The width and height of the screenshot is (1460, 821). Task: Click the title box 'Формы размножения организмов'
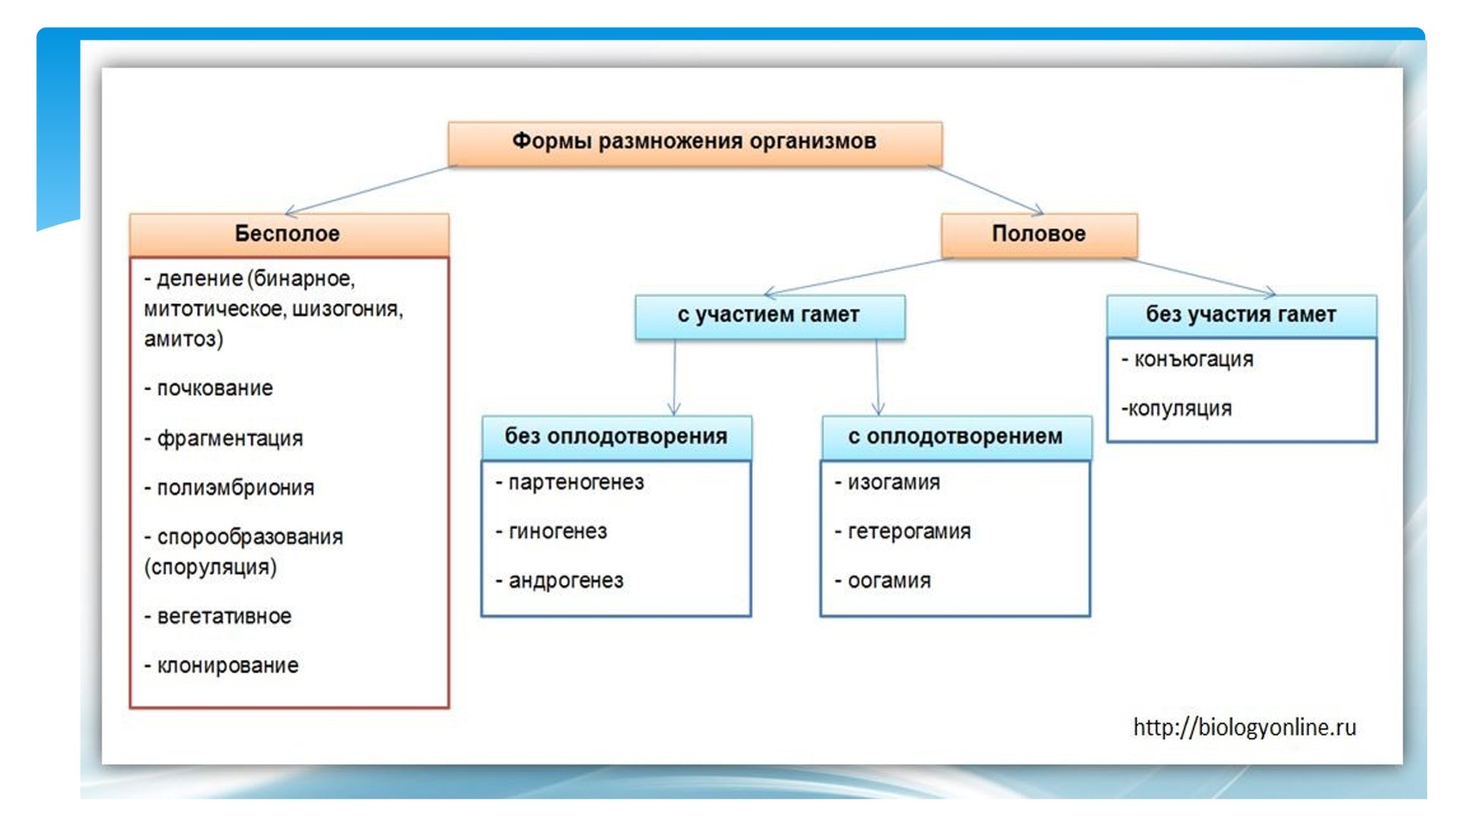(x=695, y=143)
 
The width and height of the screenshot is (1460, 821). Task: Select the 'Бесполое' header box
(x=289, y=234)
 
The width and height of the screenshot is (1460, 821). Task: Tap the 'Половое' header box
(x=1039, y=235)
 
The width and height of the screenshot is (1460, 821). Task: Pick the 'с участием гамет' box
(x=770, y=316)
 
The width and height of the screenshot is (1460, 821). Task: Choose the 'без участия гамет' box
(x=1241, y=315)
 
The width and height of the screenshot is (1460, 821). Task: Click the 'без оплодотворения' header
(x=616, y=437)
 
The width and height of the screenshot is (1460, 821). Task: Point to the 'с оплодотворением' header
(x=956, y=437)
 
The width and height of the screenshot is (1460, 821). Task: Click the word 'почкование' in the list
(x=214, y=388)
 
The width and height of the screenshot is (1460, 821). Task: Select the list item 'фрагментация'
(x=230, y=439)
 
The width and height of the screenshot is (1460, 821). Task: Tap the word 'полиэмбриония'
(x=235, y=488)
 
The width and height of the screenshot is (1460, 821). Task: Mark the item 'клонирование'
(x=227, y=666)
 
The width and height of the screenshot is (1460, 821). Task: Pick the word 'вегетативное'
(x=224, y=617)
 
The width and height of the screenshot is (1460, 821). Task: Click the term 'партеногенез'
(x=576, y=483)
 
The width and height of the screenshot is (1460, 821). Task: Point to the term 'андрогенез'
(x=566, y=582)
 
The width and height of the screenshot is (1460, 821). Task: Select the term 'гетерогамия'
(x=909, y=532)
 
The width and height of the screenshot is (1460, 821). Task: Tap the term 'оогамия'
(x=889, y=582)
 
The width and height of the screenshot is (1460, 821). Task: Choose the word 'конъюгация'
(x=1193, y=360)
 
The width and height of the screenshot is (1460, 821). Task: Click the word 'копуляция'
(x=1179, y=409)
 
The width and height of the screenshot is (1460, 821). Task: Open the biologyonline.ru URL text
(x=1244, y=727)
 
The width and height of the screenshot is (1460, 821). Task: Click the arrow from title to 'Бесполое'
(x=367, y=190)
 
